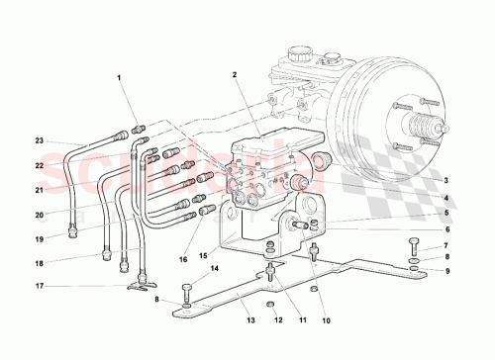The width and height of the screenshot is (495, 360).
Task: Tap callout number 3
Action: [x=446, y=180]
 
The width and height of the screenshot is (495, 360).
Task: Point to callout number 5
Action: [x=446, y=213]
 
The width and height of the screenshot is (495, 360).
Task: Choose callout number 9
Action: [x=446, y=271]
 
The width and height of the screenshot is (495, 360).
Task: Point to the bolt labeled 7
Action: [x=414, y=244]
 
